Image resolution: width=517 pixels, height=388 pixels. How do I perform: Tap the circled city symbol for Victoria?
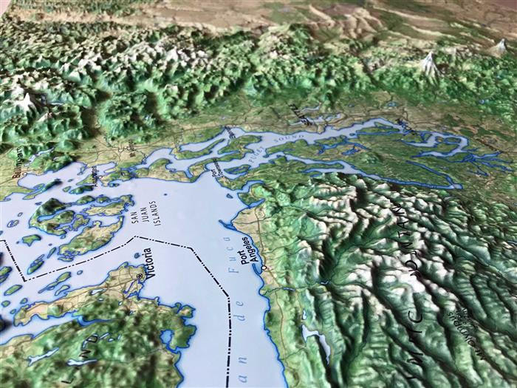tap(140, 275)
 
